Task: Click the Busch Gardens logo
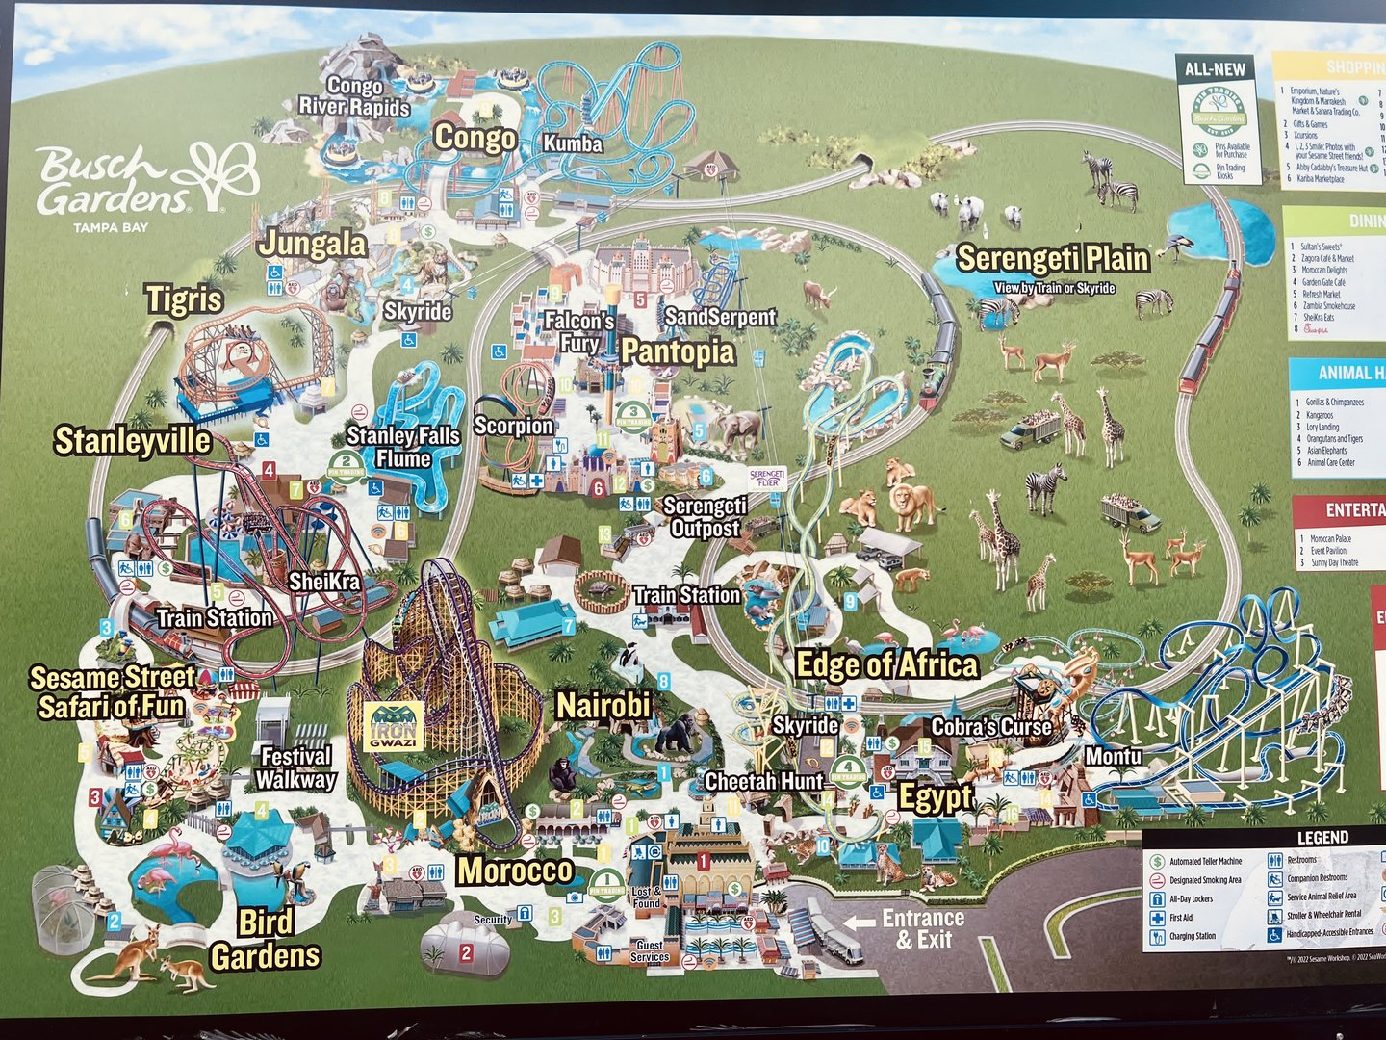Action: pos(144,183)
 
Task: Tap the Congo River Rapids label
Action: pos(354,96)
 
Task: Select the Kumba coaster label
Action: pos(573,143)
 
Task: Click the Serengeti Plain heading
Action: pos(1053,258)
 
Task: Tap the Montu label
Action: pos(1114,757)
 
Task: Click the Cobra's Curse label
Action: pos(991,727)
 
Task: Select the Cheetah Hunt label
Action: pos(764,781)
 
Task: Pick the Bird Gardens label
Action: pos(266,939)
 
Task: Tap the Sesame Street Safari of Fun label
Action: pos(112,692)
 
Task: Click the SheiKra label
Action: pos(324,582)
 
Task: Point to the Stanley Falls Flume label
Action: pos(403,447)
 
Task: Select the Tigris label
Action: pos(184,299)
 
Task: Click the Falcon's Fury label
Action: pos(579,331)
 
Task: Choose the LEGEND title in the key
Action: pos(1322,838)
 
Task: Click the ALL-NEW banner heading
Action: pos(1215,69)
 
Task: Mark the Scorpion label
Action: pos(514,426)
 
